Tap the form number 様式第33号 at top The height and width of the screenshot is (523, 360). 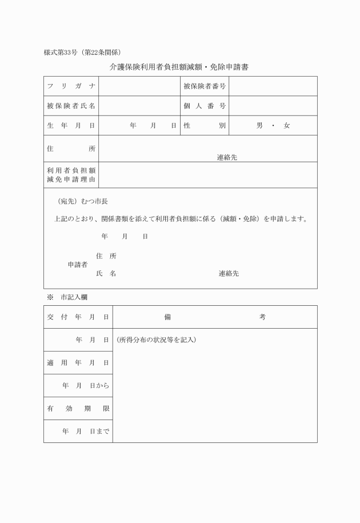click(x=62, y=52)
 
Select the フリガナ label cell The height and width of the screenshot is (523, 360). click(x=71, y=86)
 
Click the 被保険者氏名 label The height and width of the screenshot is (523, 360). click(x=71, y=106)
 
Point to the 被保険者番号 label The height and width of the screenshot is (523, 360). click(x=205, y=86)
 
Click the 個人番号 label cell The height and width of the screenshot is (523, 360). click(x=205, y=106)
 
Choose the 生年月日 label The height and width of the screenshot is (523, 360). click(x=71, y=125)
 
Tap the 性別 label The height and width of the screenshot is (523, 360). click(x=205, y=125)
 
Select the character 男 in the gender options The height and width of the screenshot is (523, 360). click(x=259, y=125)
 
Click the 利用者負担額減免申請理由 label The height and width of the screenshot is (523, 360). click(x=71, y=175)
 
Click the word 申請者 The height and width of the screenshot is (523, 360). click(x=78, y=265)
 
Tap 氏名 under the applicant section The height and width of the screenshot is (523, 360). click(x=106, y=274)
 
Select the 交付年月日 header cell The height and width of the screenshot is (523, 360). click(x=78, y=317)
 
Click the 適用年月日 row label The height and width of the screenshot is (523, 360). click(x=78, y=363)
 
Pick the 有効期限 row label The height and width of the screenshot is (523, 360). click(x=78, y=409)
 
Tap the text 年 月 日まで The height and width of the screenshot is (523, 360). click(x=86, y=432)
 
